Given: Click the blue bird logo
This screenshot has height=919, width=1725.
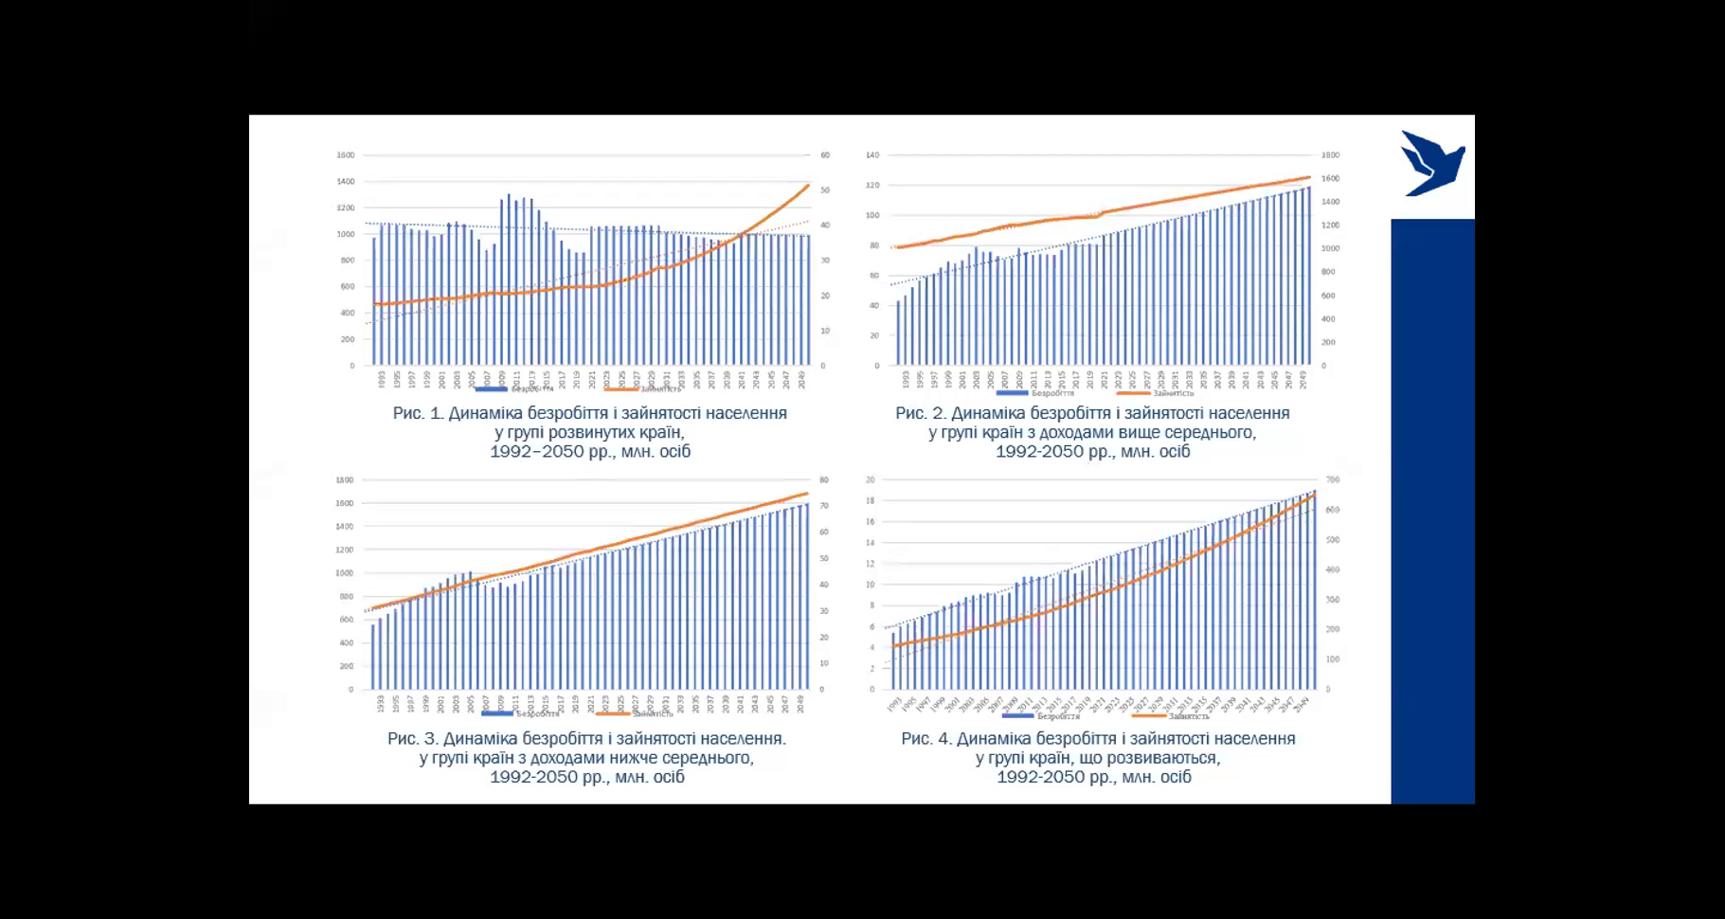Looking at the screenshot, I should [x=1431, y=164].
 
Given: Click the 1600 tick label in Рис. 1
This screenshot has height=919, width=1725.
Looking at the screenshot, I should [x=346, y=155].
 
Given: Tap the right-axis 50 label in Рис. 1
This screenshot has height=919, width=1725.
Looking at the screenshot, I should [x=825, y=190].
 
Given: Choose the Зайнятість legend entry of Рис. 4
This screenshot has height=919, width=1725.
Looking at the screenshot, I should [x=1171, y=716].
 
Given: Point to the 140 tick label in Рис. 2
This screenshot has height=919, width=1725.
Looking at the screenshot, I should [x=872, y=155].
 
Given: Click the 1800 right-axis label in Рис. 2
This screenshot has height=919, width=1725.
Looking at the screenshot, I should [x=1330, y=155].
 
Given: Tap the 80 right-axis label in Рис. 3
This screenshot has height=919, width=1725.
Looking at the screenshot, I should [x=824, y=480].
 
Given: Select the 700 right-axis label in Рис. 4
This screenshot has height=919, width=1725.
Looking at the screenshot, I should [x=1332, y=480].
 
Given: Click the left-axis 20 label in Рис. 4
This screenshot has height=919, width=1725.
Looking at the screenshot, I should [x=870, y=480].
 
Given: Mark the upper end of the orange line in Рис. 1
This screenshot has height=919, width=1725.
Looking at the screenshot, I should [x=808, y=186].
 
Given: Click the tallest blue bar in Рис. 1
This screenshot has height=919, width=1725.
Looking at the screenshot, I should [x=509, y=279].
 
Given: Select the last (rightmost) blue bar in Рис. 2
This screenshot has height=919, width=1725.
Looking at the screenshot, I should [x=1309, y=275].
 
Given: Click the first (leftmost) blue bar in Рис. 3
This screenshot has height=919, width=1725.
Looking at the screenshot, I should [x=373, y=657].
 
